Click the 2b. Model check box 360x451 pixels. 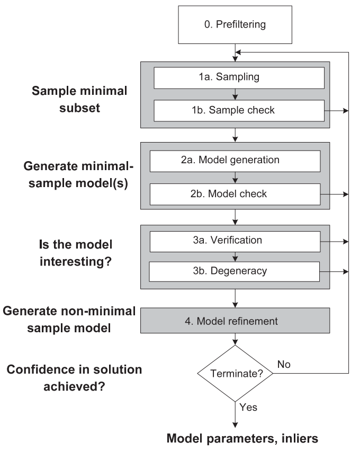(x=236, y=194)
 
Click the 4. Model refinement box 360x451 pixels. (x=236, y=321)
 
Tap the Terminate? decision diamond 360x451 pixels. (x=235, y=373)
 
